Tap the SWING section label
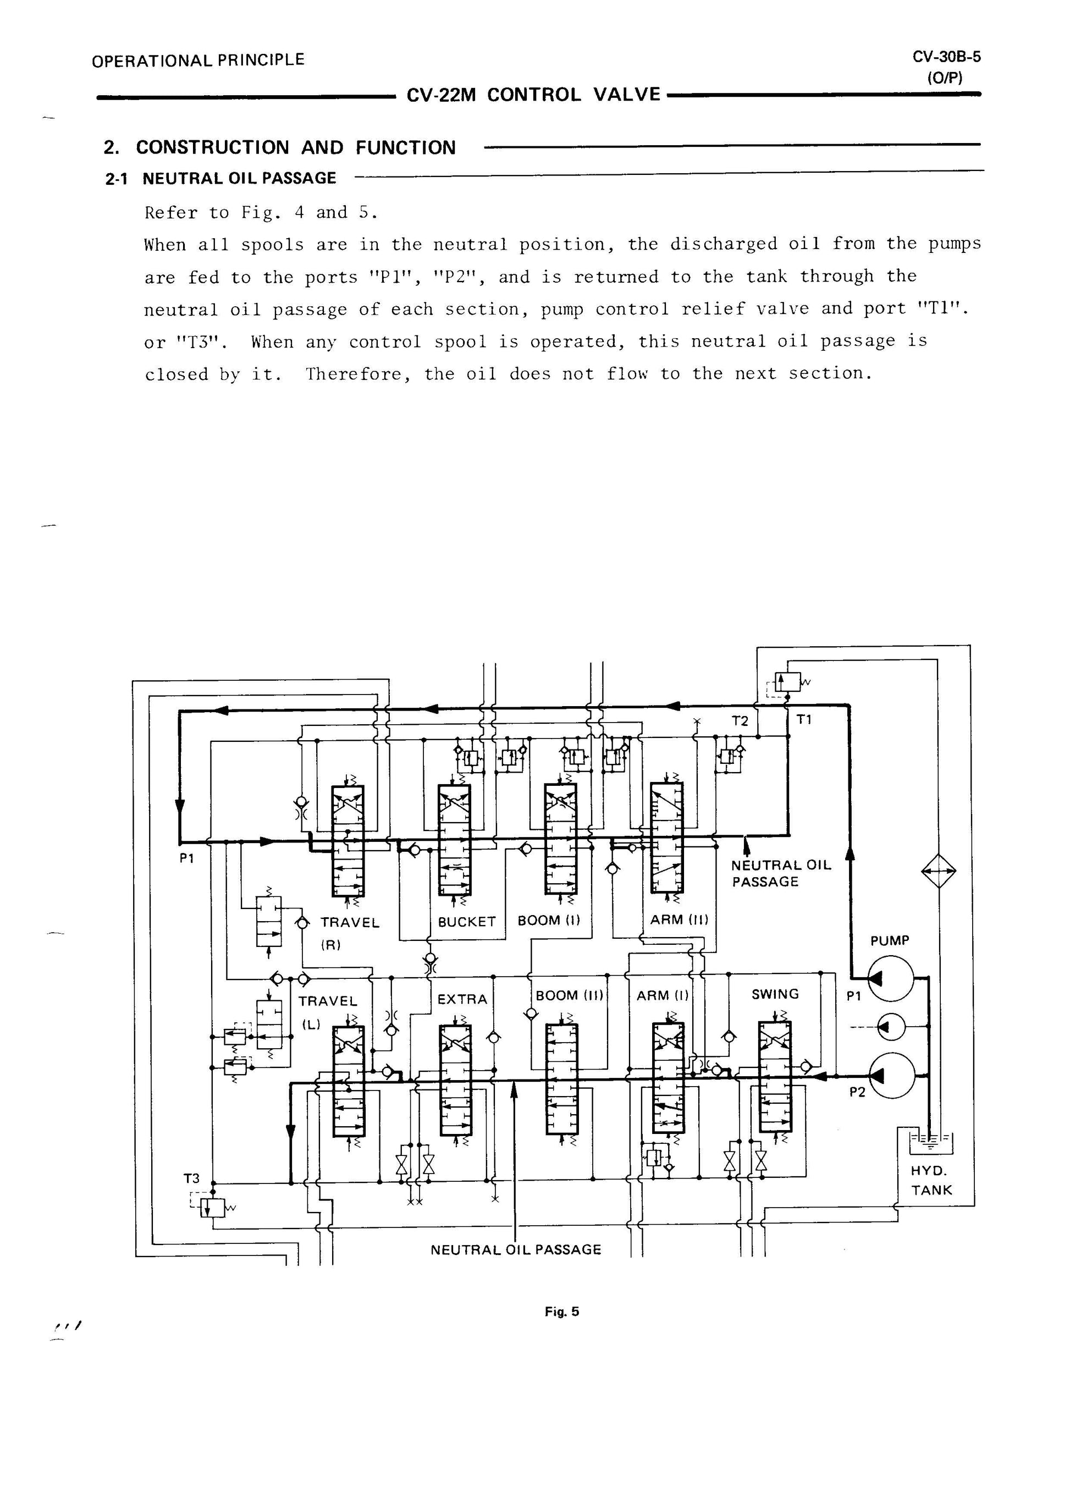click(775, 994)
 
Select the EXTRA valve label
click(462, 999)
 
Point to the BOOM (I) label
click(549, 920)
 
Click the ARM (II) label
click(679, 919)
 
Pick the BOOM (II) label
click(570, 995)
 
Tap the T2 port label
click(741, 722)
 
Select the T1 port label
click(804, 720)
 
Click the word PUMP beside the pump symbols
click(890, 940)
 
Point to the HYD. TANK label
click(931, 1180)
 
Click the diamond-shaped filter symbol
click(938, 871)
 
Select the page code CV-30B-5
click(946, 57)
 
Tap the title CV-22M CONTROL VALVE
click(533, 95)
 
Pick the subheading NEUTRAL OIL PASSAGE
click(239, 178)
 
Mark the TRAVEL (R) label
click(350, 933)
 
